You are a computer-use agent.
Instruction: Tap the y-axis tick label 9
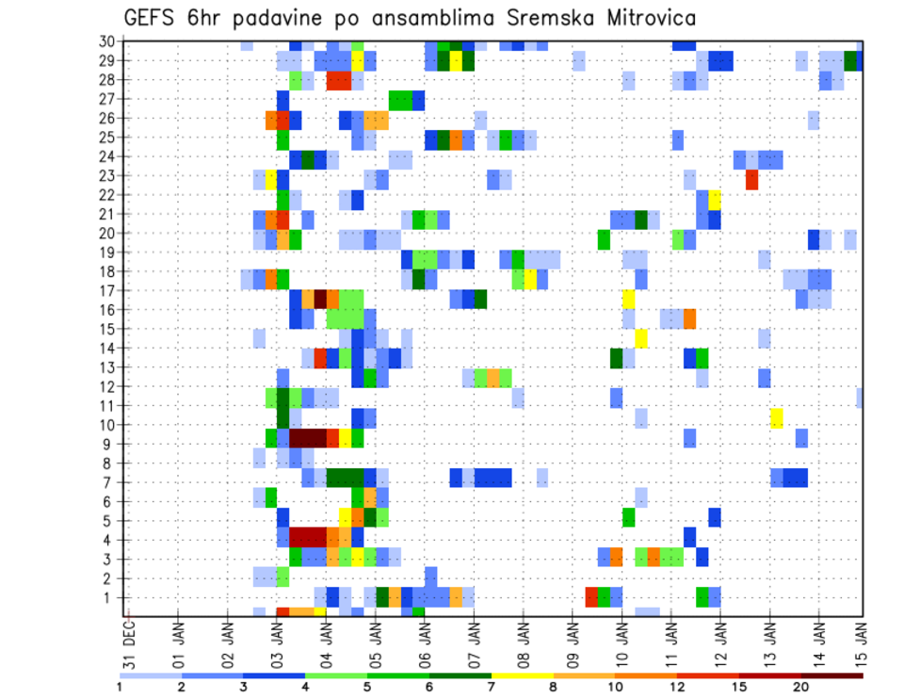pos(109,444)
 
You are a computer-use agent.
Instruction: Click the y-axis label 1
pos(109,597)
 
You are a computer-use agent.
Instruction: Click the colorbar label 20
pos(801,686)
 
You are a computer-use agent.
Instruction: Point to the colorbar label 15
pos(739,686)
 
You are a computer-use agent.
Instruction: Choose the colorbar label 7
pos(492,686)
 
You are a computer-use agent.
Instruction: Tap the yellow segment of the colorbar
pos(522,675)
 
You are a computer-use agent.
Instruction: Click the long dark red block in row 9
pos(307,438)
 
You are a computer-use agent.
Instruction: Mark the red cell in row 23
pos(751,179)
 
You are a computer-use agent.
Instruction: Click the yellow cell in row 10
pos(776,418)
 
